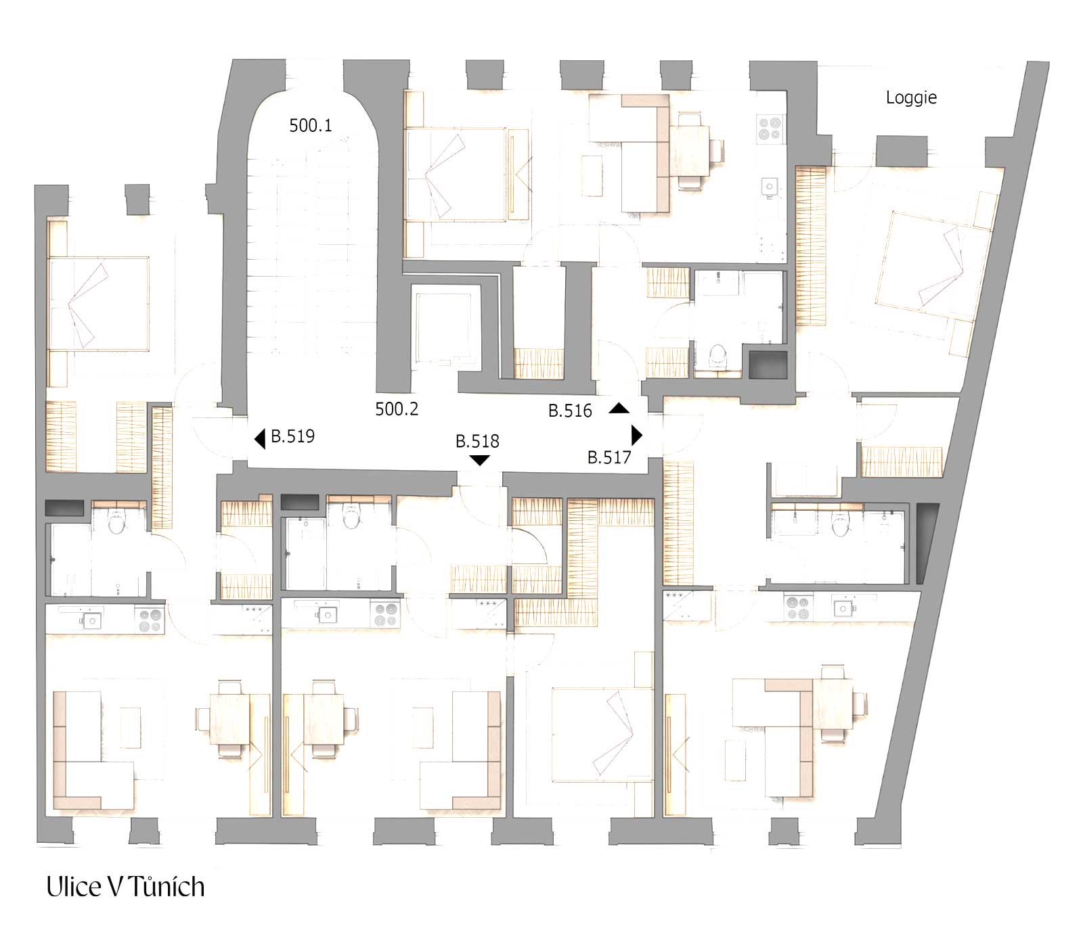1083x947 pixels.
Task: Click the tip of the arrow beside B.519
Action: [255, 439]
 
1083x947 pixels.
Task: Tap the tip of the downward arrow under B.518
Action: [479, 466]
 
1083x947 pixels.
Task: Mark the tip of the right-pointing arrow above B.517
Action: [642, 434]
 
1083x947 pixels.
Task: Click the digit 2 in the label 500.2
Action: [413, 409]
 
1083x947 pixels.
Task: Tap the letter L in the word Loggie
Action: [890, 97]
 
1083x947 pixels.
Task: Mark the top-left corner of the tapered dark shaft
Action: [916, 503]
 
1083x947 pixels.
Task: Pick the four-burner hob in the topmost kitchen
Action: [770, 129]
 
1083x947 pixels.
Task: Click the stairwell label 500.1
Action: [311, 125]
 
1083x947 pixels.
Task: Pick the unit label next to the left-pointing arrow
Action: [293, 436]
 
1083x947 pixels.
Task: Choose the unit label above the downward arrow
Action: [477, 441]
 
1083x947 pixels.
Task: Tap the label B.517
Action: [609, 457]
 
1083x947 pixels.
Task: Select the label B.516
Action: [570, 411]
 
